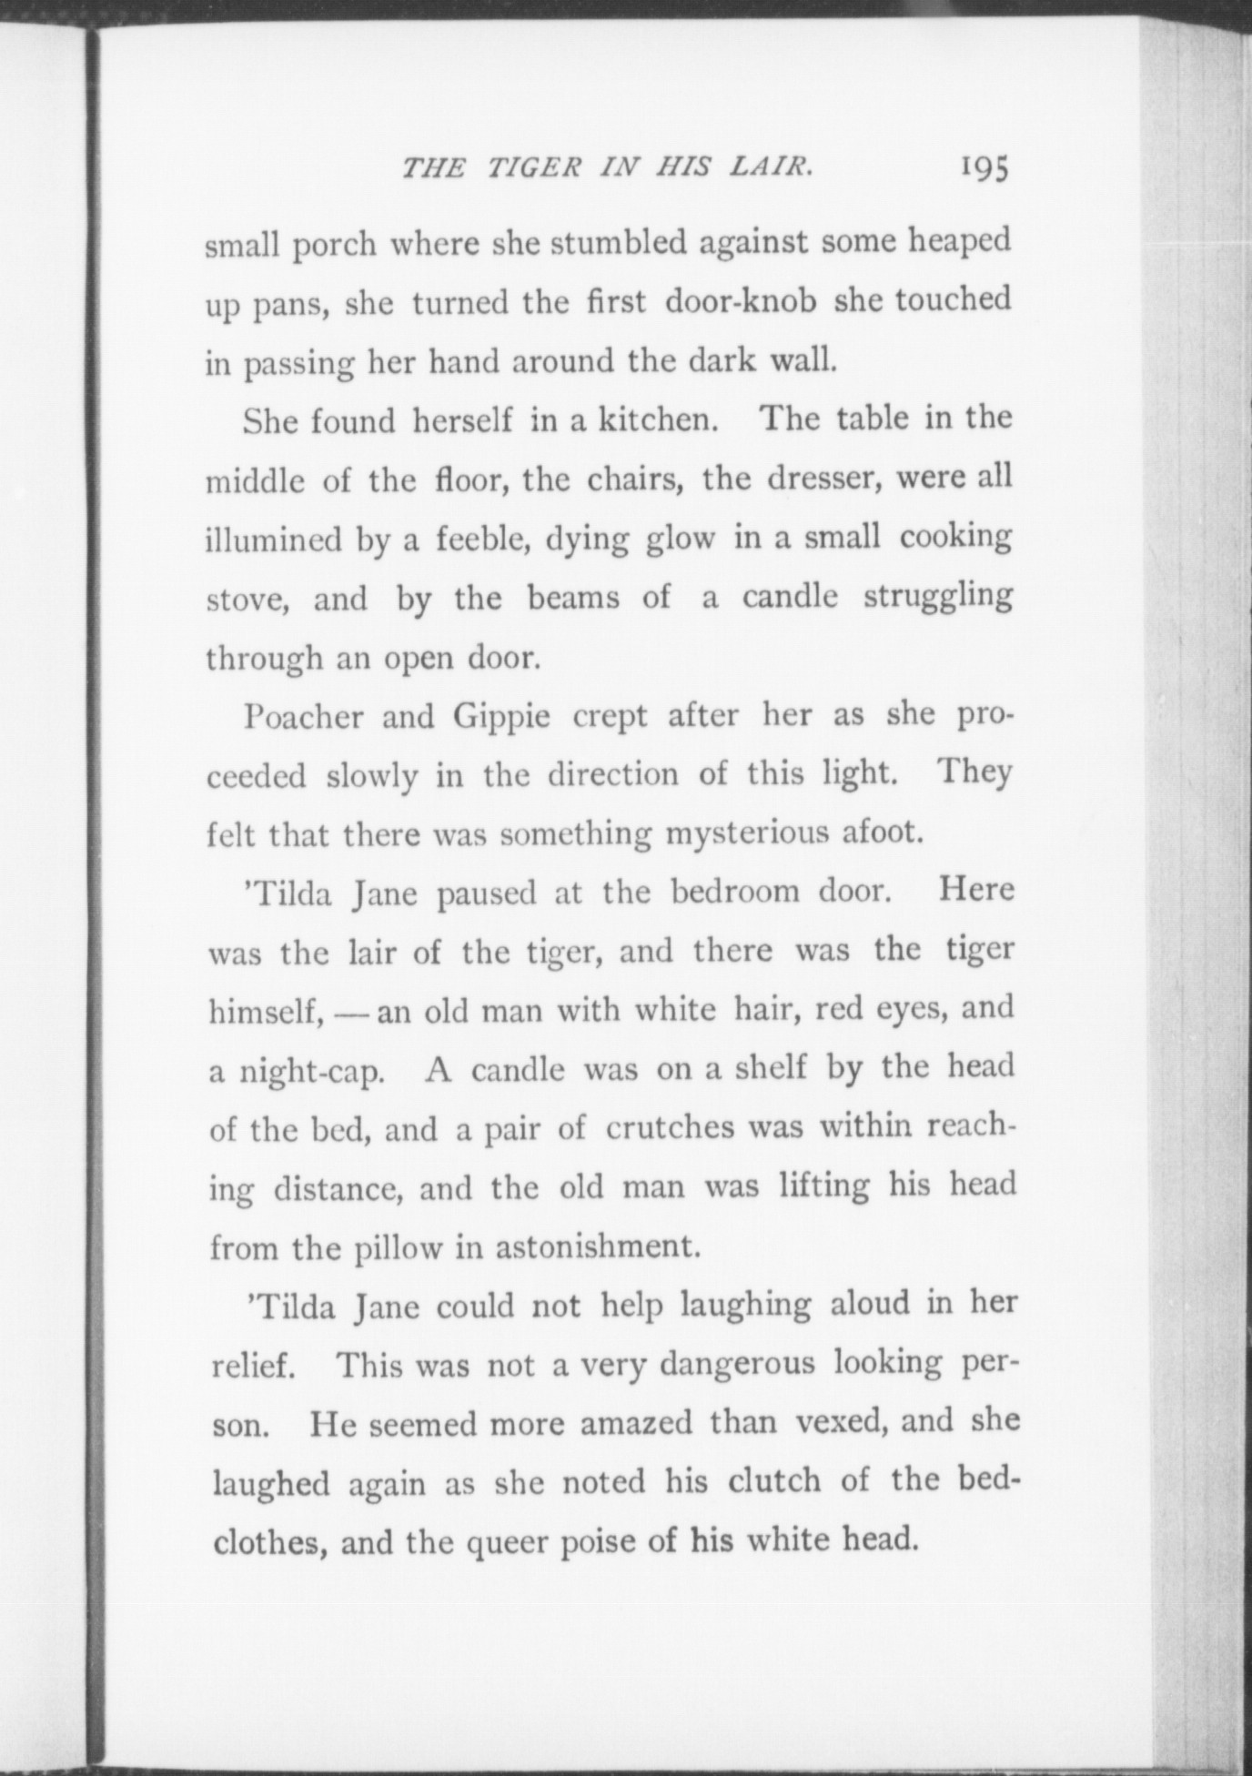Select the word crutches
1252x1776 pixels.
point(670,1128)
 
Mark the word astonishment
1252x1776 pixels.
point(598,1246)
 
